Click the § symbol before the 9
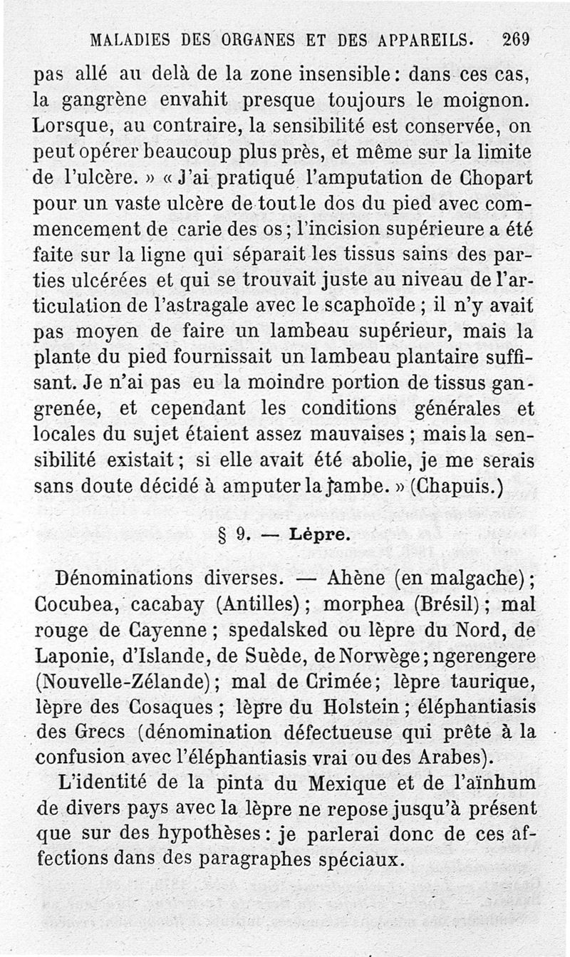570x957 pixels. pyautogui.click(x=223, y=534)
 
